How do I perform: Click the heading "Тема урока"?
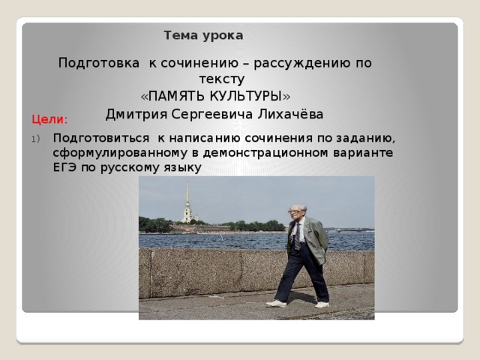203,35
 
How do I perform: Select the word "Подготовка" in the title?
99,63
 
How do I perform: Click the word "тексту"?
222,79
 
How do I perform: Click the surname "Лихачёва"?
290,114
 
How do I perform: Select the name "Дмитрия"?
136,115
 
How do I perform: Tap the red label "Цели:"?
49,119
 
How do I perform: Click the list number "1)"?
35,139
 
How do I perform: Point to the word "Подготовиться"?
101,138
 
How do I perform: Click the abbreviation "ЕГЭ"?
64,167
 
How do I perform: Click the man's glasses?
293,211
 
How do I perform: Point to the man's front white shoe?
276,303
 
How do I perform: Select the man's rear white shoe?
322,304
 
